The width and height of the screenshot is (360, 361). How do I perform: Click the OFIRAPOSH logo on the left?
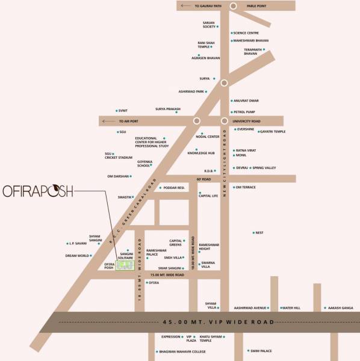(37, 191)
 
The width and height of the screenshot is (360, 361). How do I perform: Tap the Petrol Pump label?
(246, 112)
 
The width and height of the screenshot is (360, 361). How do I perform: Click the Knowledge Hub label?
(201, 153)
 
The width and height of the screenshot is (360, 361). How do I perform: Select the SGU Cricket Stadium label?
(118, 155)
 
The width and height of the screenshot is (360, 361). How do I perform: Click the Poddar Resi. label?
(176, 188)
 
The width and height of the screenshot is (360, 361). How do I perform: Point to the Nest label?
(259, 233)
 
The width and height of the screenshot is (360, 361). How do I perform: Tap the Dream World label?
(78, 256)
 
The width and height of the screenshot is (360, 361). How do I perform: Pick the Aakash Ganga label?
(341, 307)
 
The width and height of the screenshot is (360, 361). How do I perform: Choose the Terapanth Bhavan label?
(254, 52)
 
